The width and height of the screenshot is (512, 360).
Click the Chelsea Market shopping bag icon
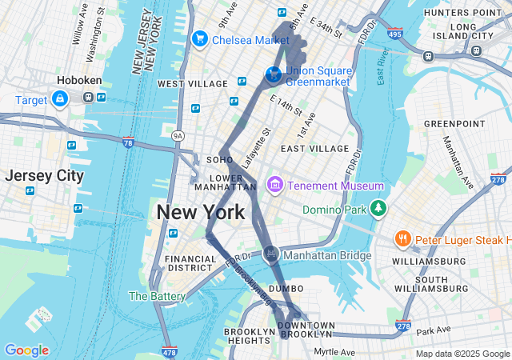click(199, 38)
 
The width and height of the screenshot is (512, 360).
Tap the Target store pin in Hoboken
click(60, 98)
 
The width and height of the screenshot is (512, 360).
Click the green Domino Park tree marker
click(378, 210)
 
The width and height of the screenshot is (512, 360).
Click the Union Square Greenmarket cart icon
click(274, 74)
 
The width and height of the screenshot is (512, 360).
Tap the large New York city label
click(200, 213)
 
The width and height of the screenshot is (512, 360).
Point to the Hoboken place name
click(77, 81)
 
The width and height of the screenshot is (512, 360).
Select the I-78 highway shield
click(128, 142)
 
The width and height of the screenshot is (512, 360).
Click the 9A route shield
click(178, 136)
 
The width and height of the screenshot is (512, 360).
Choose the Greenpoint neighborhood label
click(454, 123)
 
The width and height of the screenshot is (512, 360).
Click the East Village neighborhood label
click(314, 149)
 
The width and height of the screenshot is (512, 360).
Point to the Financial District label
click(190, 265)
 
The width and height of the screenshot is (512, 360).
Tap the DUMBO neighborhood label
click(286, 288)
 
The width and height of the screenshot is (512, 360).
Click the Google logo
click(26, 350)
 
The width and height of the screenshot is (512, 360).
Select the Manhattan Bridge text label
click(327, 256)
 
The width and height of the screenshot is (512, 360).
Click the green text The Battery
click(157, 296)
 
